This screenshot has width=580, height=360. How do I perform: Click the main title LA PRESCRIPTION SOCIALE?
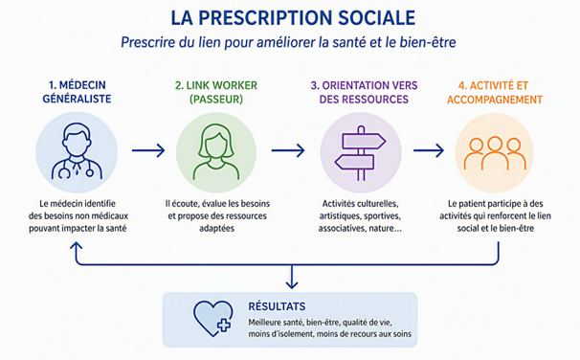point(293,18)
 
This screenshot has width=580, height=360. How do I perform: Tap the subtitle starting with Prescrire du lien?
point(288,42)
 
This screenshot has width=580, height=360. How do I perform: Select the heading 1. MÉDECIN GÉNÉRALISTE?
point(77,92)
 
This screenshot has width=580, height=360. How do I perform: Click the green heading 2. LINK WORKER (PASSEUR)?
point(216,92)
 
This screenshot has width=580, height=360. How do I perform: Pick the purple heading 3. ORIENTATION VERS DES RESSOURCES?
point(364,92)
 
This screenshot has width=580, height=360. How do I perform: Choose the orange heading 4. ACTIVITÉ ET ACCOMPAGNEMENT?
point(495,92)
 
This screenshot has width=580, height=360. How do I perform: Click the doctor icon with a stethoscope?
point(77,151)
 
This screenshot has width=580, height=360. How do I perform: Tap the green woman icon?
point(216,152)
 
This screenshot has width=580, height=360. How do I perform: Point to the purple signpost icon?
point(361,153)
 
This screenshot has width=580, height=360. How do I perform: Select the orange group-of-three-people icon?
point(495,153)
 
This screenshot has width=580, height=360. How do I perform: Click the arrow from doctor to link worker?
point(148,150)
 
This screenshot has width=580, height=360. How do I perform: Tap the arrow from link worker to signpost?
point(288,150)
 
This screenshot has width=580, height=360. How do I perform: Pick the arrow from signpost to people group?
point(429,150)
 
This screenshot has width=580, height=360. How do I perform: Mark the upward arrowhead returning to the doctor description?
point(77,246)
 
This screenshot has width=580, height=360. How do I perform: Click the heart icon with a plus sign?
point(213,318)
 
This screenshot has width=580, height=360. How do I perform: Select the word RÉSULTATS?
point(277,306)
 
